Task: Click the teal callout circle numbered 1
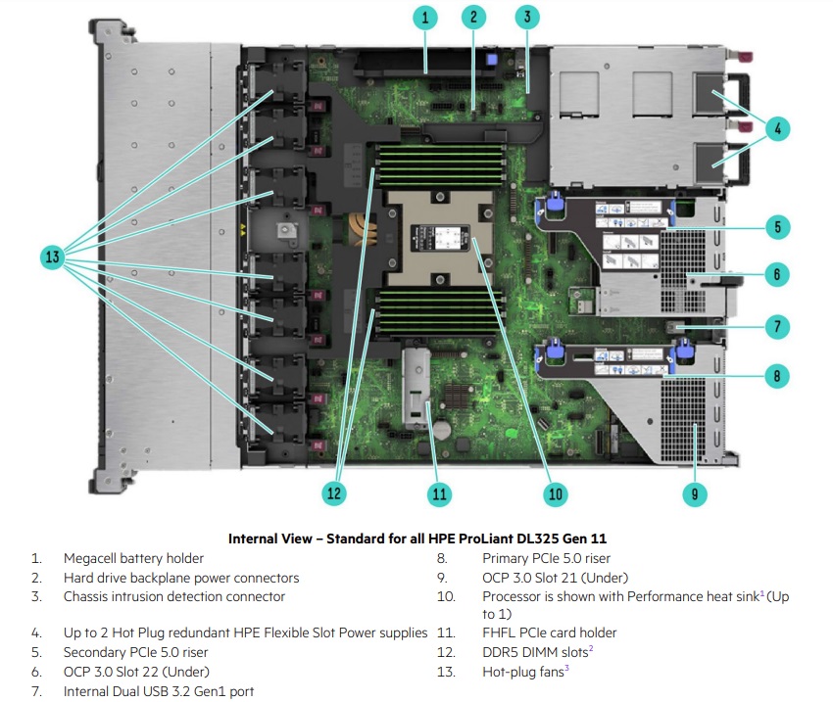point(424,17)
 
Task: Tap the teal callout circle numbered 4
point(776,127)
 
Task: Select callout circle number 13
point(53,257)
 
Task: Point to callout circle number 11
point(439,493)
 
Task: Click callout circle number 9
point(694,493)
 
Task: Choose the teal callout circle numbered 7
point(776,326)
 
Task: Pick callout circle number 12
point(334,493)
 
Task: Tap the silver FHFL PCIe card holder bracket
point(416,387)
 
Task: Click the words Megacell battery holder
point(133,559)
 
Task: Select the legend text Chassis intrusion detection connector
point(174,596)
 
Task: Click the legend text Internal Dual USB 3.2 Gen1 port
point(159,691)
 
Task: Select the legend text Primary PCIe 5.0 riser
point(547,559)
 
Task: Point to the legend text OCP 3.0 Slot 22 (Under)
point(136,672)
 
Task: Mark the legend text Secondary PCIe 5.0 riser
point(136,652)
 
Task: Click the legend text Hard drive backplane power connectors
point(181,578)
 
